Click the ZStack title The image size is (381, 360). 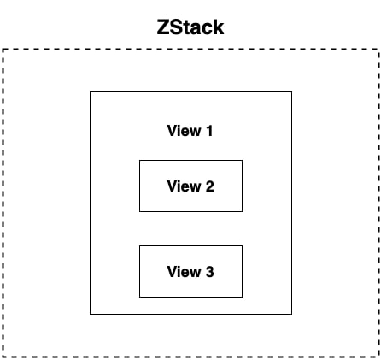(x=190, y=27)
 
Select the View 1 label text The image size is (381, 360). (x=190, y=131)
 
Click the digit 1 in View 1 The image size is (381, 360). (x=208, y=131)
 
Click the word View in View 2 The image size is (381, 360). (x=182, y=186)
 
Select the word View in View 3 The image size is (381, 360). (x=182, y=272)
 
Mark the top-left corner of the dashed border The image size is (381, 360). (x=3, y=50)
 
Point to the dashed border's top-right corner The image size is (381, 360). (x=378, y=50)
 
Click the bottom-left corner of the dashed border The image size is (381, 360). (x=3, y=356)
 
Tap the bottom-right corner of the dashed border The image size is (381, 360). (x=378, y=356)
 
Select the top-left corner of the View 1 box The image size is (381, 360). (x=91, y=91)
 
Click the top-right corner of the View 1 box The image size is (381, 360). (x=291, y=91)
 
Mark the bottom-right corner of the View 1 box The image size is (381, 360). (x=291, y=314)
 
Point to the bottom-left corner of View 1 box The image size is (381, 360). (x=91, y=314)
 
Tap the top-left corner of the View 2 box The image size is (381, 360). (x=140, y=161)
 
